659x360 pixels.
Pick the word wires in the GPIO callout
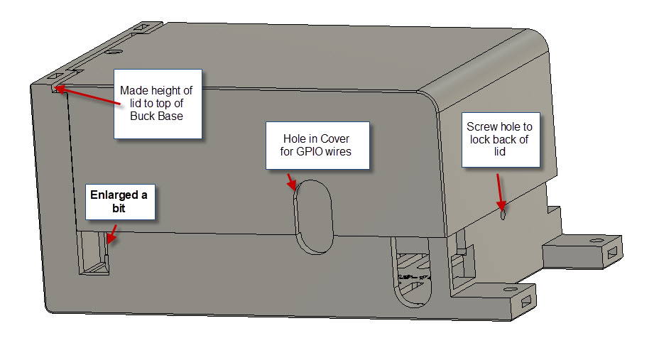337,151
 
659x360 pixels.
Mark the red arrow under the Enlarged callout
111,235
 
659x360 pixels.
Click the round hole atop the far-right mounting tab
592,241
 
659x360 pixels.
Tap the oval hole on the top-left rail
111,51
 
